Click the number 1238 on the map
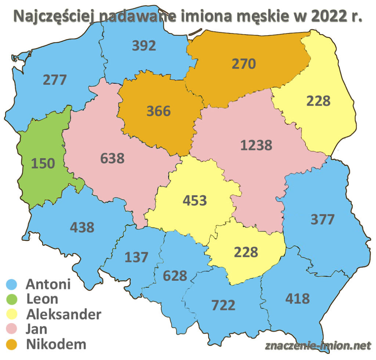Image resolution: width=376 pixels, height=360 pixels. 256,145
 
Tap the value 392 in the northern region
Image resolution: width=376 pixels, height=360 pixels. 144,46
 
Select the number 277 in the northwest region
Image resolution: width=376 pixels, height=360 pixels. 55,79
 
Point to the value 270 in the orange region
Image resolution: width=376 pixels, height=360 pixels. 243,64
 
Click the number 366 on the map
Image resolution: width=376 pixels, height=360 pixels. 159,111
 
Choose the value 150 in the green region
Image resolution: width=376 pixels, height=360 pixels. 43,163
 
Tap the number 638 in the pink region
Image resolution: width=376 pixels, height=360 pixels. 112,158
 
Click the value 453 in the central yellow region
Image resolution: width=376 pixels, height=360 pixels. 195,200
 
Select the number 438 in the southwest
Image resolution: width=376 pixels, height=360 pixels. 82,227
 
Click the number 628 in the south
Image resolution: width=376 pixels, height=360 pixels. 175,275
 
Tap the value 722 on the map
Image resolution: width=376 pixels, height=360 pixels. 223,305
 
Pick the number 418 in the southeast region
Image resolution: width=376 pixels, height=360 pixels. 297,298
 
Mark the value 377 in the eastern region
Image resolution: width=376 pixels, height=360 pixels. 323,219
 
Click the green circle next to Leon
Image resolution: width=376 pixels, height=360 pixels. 12,299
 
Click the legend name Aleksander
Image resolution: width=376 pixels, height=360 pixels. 64,314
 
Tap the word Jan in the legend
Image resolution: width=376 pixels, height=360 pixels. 37,329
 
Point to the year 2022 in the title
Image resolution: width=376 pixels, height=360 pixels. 326,17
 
